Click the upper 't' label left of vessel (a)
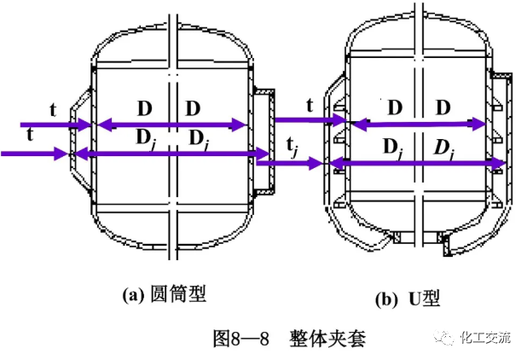[54, 110]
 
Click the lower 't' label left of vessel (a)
[32, 135]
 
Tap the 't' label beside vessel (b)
[309, 106]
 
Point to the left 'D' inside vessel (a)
[145, 109]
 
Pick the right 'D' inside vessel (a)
[194, 109]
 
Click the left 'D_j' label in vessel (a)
[146, 137]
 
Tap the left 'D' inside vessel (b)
[395, 107]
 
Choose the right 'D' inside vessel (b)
[443, 107]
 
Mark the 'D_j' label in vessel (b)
[392, 146]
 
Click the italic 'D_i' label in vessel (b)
[443, 146]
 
